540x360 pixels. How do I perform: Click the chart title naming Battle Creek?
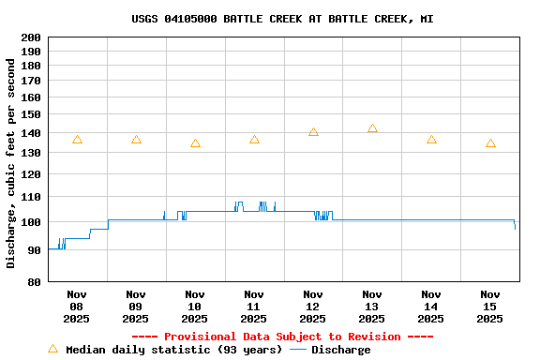(282, 19)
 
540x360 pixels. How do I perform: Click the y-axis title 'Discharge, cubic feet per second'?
(11, 163)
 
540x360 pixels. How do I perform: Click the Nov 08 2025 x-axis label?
(77, 306)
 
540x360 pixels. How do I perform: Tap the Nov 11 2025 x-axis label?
(254, 306)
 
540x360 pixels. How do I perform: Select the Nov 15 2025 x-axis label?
(490, 306)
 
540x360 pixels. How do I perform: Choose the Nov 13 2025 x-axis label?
(372, 306)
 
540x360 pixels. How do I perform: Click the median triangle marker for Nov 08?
(77, 140)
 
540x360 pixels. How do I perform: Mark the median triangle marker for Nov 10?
(195, 143)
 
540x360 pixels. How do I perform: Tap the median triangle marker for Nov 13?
(372, 128)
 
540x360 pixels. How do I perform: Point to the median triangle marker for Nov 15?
(490, 143)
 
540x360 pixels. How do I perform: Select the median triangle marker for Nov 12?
(313, 132)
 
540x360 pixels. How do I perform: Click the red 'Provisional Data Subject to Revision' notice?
(282, 337)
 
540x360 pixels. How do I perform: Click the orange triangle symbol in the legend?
(52, 349)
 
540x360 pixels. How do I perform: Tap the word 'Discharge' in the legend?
(340, 350)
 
